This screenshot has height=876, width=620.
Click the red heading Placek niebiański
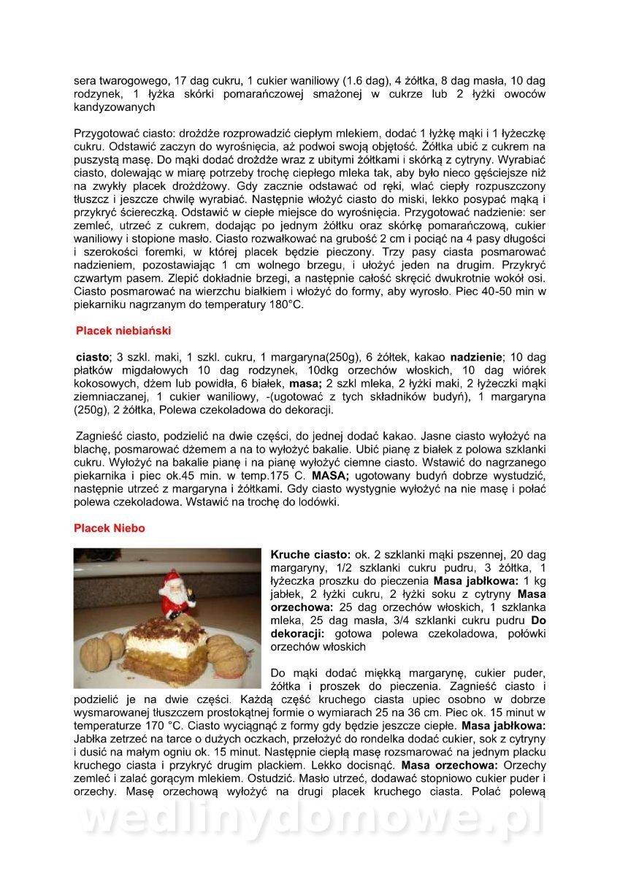[x=123, y=331]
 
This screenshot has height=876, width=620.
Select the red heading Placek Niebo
[x=110, y=528]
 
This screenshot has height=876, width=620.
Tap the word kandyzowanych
[x=115, y=107]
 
